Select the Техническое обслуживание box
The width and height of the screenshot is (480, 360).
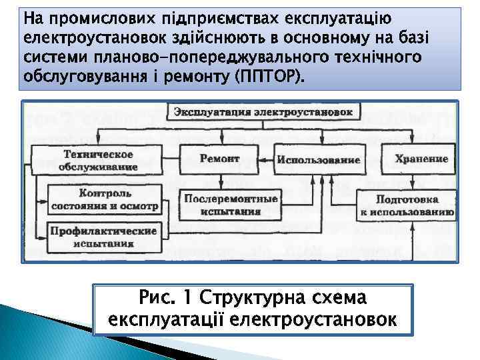(98, 160)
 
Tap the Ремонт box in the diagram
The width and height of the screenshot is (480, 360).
(219, 159)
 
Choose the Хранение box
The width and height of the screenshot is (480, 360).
(421, 159)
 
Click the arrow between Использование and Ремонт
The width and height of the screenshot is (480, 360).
(268, 160)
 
